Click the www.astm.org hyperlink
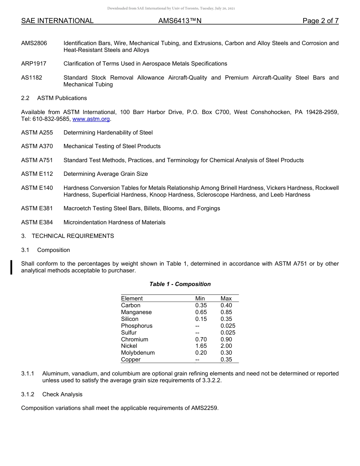pyautogui.click(x=91, y=119)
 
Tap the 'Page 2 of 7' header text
pyautogui.click(x=320, y=21)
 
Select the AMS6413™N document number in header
pyautogui.click(x=180, y=21)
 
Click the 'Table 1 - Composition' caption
pyautogui.click(x=180, y=284)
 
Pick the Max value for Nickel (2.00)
pyautogui.click(x=226, y=346)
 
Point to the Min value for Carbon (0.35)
pyautogui.click(x=201, y=305)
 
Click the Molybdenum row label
pyautogui.click(x=138, y=353)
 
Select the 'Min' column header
pyautogui.click(x=200, y=299)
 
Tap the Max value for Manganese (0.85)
pyautogui.click(x=226, y=312)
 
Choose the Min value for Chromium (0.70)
pyautogui.click(x=201, y=339)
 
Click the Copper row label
pyautogui.click(x=131, y=360)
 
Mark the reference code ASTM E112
pyautogui.click(x=37, y=174)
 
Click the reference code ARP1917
pyautogui.click(x=34, y=64)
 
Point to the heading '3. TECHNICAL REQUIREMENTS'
pyautogui.click(x=67, y=236)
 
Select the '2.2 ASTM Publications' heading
pyautogui.click(x=54, y=98)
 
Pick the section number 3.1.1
pyautogui.click(x=28, y=374)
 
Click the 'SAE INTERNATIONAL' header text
pyautogui.click(x=57, y=21)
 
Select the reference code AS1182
pyautogui.click(x=32, y=78)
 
